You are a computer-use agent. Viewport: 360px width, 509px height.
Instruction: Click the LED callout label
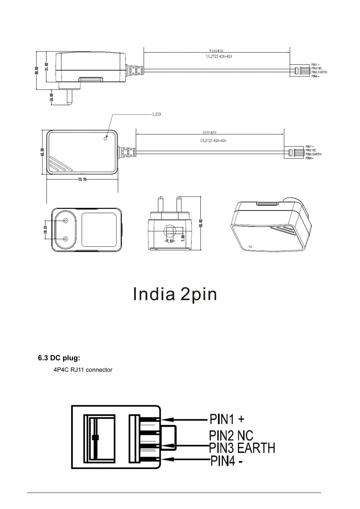point(156,114)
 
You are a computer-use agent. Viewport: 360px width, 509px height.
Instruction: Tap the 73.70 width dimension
point(82,179)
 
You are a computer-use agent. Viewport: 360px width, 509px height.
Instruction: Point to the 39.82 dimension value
point(37,71)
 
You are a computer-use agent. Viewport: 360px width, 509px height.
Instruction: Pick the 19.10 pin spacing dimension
point(45,230)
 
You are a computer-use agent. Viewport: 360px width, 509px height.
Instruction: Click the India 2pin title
point(175,294)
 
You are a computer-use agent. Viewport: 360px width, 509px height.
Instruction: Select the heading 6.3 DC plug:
point(59,358)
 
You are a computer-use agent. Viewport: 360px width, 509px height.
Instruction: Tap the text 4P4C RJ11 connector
point(83,370)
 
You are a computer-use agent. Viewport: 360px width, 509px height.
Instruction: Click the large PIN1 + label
point(227,419)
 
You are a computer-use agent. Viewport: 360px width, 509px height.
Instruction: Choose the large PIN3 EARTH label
point(242,448)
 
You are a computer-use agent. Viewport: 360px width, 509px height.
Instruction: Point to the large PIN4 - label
point(226,461)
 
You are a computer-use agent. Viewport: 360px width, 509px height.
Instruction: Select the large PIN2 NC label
point(231,436)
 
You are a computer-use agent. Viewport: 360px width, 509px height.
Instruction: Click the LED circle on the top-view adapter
point(105,138)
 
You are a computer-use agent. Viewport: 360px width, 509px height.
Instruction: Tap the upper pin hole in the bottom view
point(65,221)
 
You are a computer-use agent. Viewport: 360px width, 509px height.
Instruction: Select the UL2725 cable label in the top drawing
point(219,56)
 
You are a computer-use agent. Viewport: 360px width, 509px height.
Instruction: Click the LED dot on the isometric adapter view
point(250,247)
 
